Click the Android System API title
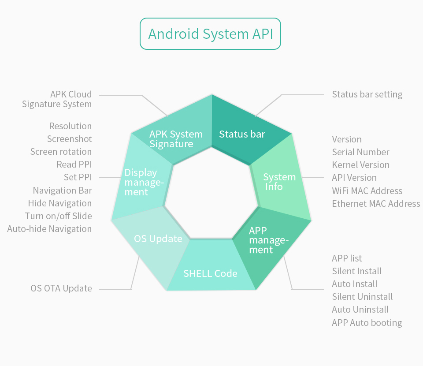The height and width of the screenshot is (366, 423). pyautogui.click(x=210, y=34)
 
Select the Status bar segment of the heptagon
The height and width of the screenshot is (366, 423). pyautogui.click(x=242, y=134)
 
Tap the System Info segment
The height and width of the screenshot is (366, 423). pyautogui.click(x=279, y=182)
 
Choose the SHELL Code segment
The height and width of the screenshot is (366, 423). pyautogui.click(x=210, y=273)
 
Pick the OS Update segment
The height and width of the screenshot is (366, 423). pyautogui.click(x=158, y=239)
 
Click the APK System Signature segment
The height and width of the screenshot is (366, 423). pyautogui.click(x=176, y=139)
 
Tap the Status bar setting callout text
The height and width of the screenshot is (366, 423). pyautogui.click(x=367, y=94)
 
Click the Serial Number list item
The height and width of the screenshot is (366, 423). pyautogui.click(x=360, y=152)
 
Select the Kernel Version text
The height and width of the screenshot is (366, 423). pyautogui.click(x=360, y=165)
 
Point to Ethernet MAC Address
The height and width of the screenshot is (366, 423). pyautogui.click(x=376, y=204)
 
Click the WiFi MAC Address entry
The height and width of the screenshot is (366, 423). pyautogui.click(x=367, y=191)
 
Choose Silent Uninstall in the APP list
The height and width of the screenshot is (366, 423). pyautogui.click(x=362, y=297)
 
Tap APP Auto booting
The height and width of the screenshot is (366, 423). pyautogui.click(x=367, y=323)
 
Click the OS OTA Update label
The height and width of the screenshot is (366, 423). pyautogui.click(x=61, y=288)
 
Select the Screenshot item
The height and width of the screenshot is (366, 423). pyautogui.click(x=70, y=139)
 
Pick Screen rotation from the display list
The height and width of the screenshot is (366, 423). pyautogui.click(x=61, y=152)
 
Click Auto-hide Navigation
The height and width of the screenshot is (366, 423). pyautogui.click(x=49, y=229)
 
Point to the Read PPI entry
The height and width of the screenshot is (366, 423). pyautogui.click(x=74, y=164)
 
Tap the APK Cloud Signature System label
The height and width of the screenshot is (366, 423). pyautogui.click(x=57, y=99)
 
